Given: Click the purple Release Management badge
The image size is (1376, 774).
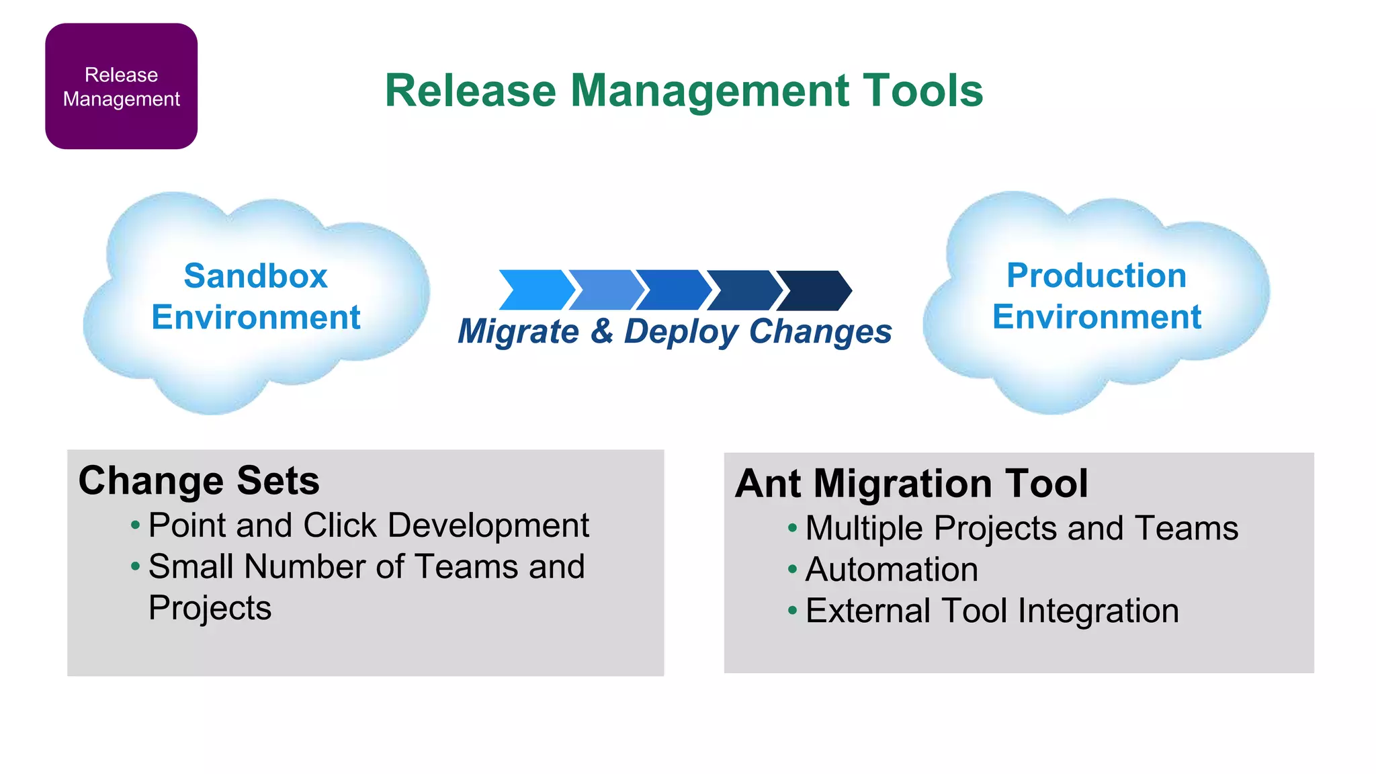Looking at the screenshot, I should pyautogui.click(x=121, y=86).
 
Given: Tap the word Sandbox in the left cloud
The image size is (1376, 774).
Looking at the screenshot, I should pyautogui.click(x=255, y=276).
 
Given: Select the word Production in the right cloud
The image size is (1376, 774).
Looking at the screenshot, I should pyautogui.click(x=1096, y=275).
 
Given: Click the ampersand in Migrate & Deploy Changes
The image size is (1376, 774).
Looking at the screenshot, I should pyautogui.click(x=602, y=331).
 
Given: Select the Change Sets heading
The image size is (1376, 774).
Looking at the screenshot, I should pyautogui.click(x=199, y=481).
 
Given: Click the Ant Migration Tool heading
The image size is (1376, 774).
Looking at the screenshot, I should pyautogui.click(x=911, y=484).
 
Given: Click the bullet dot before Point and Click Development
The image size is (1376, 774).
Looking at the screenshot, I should pyautogui.click(x=136, y=525).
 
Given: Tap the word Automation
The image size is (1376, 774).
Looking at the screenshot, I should pyautogui.click(x=891, y=570).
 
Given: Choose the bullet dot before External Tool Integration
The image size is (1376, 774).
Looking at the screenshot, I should pyautogui.click(x=792, y=611).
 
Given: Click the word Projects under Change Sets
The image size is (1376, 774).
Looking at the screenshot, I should pyautogui.click(x=210, y=609).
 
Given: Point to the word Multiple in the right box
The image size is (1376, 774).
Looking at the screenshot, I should pyautogui.click(x=864, y=529).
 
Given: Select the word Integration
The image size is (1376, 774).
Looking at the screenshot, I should pyautogui.click(x=1098, y=611).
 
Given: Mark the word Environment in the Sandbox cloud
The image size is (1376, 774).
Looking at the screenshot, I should pyautogui.click(x=255, y=317).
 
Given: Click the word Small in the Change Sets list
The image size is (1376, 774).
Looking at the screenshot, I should pyautogui.click(x=191, y=567).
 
